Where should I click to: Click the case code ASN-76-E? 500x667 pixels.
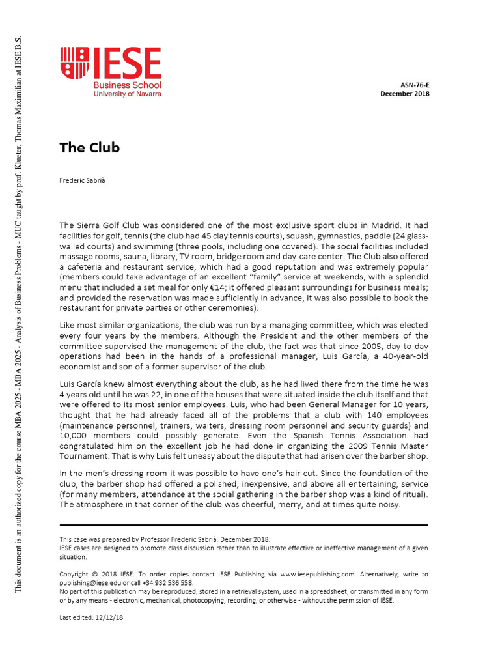coord(414,85)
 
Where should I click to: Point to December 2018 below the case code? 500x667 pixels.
coord(404,94)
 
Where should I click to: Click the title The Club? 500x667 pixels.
coord(89,148)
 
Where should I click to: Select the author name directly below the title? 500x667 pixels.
coord(81,180)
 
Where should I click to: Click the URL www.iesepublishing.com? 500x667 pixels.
coord(318,574)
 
